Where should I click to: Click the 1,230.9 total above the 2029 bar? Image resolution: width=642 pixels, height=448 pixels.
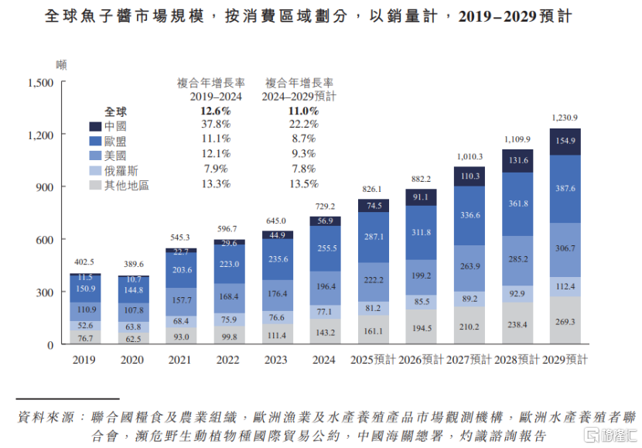[x=565, y=118]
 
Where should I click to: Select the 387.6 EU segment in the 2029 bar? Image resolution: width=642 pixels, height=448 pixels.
[x=565, y=189]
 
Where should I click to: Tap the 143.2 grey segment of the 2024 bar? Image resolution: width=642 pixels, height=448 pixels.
[x=323, y=332]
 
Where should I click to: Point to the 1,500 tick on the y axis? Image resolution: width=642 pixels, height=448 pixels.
[x=40, y=83]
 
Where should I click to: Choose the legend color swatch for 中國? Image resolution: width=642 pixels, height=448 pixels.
[x=96, y=126]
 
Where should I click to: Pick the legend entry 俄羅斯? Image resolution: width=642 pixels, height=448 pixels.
[x=121, y=170]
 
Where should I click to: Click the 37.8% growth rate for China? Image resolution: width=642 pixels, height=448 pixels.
[x=215, y=125]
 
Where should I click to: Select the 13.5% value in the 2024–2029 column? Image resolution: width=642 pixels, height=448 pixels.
[x=303, y=184]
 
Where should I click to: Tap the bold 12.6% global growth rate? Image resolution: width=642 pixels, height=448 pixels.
[x=215, y=111]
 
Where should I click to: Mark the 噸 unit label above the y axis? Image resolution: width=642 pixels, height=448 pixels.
[x=61, y=64]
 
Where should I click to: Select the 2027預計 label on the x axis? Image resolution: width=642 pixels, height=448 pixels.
[x=470, y=360]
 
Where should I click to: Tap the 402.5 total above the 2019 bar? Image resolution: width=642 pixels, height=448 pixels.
[x=85, y=262]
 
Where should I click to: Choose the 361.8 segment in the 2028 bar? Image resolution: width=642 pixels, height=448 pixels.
[x=517, y=203]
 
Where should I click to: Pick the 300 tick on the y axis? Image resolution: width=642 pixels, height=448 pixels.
[x=43, y=292]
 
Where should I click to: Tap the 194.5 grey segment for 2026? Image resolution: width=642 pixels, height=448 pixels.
[x=422, y=328]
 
